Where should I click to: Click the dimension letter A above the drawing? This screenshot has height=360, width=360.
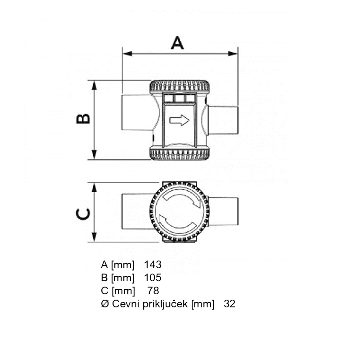(177, 43)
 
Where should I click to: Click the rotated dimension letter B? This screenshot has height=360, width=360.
(83, 119)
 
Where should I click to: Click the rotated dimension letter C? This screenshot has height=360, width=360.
(83, 214)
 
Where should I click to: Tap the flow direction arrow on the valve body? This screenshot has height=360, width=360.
(179, 120)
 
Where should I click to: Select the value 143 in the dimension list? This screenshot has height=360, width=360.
(153, 265)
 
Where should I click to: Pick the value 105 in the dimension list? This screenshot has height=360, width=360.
(153, 278)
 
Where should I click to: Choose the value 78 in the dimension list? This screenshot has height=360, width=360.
(153, 291)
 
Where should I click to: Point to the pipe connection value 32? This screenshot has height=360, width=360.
(229, 304)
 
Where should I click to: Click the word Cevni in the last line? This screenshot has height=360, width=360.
(126, 304)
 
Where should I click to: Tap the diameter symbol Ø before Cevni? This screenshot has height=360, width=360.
(105, 304)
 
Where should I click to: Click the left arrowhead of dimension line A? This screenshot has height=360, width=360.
(127, 54)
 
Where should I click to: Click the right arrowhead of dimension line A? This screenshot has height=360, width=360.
(233, 54)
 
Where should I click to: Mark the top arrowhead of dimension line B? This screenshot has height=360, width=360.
(94, 85)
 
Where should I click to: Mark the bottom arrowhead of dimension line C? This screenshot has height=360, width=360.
(94, 237)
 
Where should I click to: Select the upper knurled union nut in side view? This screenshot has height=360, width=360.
(179, 86)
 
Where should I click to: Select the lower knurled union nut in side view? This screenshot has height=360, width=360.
(179, 153)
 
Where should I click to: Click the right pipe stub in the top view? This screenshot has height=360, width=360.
(223, 211)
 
